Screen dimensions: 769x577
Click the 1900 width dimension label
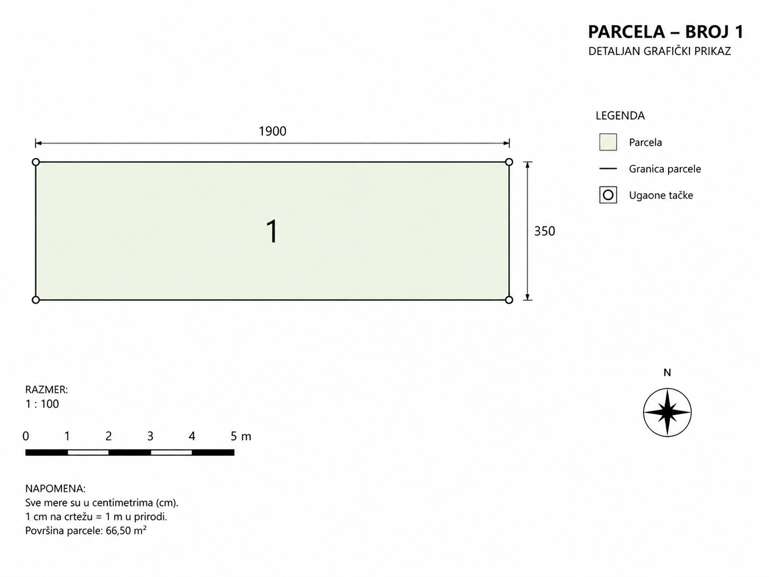(x=272, y=131)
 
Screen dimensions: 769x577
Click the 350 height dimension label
(x=544, y=231)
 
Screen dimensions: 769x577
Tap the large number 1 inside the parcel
(x=272, y=231)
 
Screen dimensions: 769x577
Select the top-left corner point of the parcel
(x=36, y=162)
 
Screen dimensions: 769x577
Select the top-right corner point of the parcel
(x=509, y=162)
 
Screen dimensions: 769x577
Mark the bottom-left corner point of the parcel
(x=36, y=300)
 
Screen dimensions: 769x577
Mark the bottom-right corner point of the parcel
(x=509, y=300)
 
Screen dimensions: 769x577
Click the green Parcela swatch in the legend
(x=608, y=142)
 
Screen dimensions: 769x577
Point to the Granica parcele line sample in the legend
(x=608, y=169)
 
